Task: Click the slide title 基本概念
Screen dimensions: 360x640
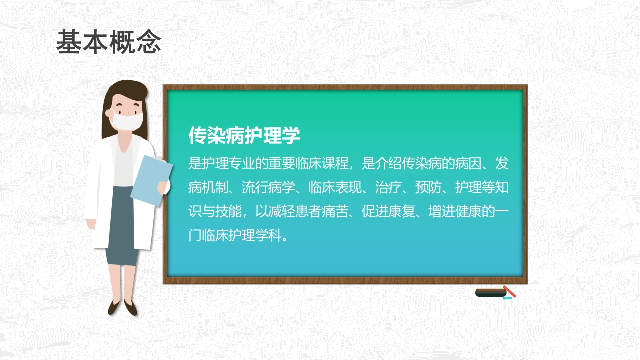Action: coord(108,42)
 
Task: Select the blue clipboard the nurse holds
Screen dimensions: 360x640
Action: coord(151,180)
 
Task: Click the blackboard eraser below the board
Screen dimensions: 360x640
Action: coord(490,293)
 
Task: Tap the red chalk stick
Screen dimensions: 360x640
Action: coord(509,291)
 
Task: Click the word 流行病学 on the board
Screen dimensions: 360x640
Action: coord(268,187)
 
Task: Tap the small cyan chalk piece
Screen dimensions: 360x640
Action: coord(507,298)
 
